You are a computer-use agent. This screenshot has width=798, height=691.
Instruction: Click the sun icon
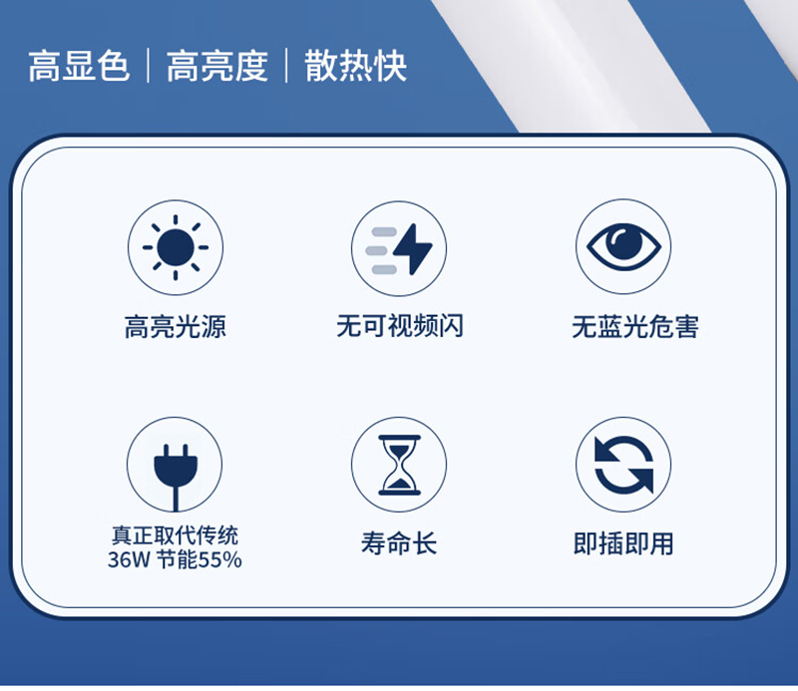pyautogui.click(x=176, y=248)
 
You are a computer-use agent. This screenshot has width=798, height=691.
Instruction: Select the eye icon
pyautogui.click(x=623, y=246)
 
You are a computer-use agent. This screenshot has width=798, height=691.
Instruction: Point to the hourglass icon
pyautogui.click(x=400, y=465)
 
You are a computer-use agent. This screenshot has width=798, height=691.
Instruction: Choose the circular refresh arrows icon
pyautogui.click(x=623, y=465)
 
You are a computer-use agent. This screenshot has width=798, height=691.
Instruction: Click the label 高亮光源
pyautogui.click(x=176, y=327)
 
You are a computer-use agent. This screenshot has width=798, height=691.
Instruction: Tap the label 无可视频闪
pyautogui.click(x=400, y=326)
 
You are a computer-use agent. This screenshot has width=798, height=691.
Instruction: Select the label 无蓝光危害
pyautogui.click(x=635, y=327)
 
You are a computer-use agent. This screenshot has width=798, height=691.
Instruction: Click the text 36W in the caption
pyautogui.click(x=129, y=559)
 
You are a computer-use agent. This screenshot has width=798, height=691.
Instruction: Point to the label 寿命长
pyautogui.click(x=400, y=542)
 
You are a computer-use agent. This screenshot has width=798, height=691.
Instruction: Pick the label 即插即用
pyautogui.click(x=623, y=543)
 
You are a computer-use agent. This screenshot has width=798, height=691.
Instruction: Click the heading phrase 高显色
pyautogui.click(x=79, y=66)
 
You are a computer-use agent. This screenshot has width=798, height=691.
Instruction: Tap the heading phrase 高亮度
pyautogui.click(x=217, y=66)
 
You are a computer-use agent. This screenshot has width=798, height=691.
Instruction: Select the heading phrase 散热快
pyautogui.click(x=356, y=66)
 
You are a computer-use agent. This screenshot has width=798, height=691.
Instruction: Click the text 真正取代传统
pyautogui.click(x=176, y=535)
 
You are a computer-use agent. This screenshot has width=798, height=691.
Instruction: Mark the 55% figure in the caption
pyautogui.click(x=219, y=559)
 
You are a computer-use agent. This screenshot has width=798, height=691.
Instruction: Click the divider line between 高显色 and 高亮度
pyautogui.click(x=148, y=66)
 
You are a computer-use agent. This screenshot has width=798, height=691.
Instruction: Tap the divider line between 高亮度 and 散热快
pyautogui.click(x=286, y=66)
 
